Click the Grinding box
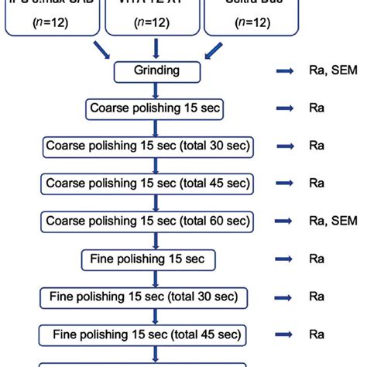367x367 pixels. pos(158,72)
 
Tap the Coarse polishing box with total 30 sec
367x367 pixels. pos(147,146)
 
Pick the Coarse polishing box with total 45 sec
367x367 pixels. pos(147,183)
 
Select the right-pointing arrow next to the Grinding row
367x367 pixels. pos(283,72)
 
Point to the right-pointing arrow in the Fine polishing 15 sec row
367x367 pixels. pos(283,258)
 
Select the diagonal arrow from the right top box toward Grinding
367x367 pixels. pos(211,50)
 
